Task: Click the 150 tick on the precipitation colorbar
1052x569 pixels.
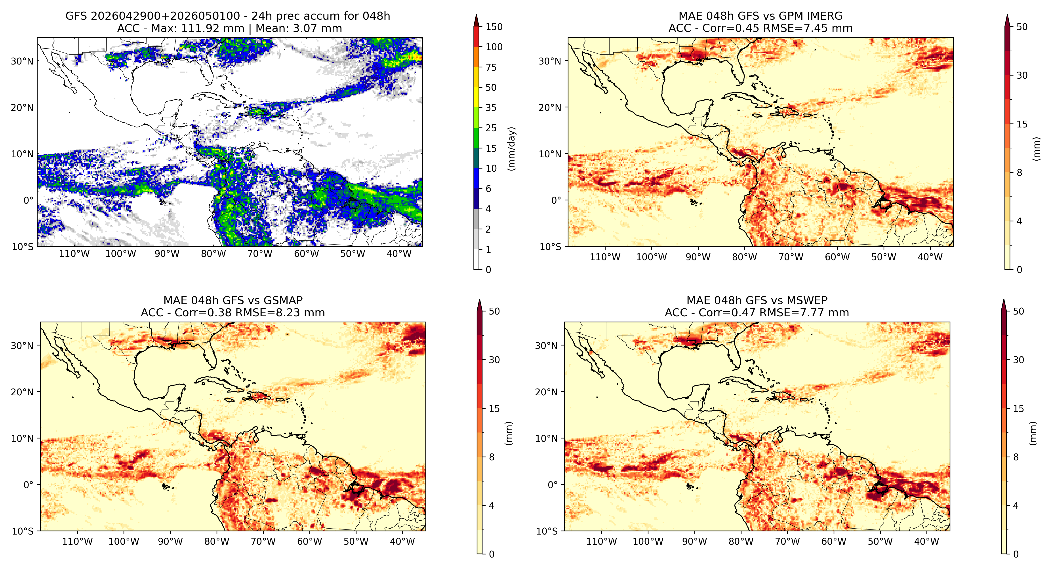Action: coord(494,27)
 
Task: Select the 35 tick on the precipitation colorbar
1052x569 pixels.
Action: coord(491,108)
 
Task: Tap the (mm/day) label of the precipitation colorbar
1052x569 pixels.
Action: coord(511,149)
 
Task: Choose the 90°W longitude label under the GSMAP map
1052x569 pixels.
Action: coord(170,542)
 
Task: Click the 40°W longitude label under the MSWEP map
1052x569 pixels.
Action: coord(927,542)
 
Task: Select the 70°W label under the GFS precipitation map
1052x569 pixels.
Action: coord(260,254)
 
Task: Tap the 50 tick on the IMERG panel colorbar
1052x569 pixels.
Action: coord(1022,27)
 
